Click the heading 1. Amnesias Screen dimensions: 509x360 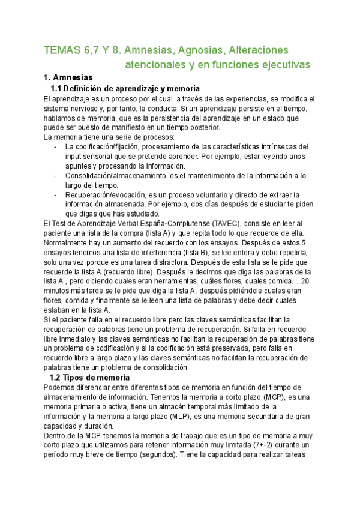click(68, 78)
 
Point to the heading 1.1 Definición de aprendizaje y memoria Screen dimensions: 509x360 click(124, 89)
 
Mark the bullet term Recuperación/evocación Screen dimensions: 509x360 click(109, 195)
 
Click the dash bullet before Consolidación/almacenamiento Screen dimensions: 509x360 click(56, 175)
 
